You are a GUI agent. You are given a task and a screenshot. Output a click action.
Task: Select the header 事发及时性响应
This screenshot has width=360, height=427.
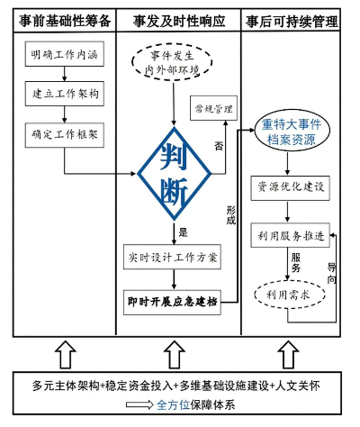coord(181,18)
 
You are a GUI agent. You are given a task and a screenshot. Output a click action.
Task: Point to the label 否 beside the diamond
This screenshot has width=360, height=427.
coord(219,143)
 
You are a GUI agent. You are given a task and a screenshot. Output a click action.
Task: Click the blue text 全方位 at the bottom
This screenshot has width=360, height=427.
coord(175,404)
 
